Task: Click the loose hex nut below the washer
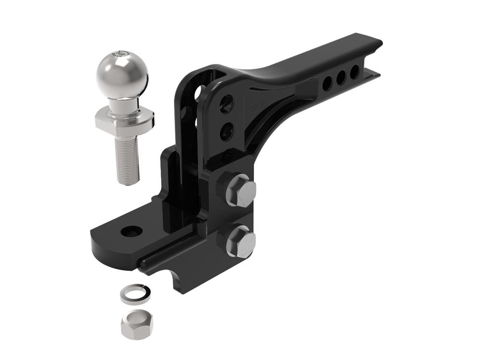coord(137,324)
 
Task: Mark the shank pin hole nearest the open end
coord(354,72)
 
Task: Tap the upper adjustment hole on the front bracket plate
coord(226,103)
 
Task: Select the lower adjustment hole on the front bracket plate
coord(227,131)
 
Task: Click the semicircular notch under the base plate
coord(179,281)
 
